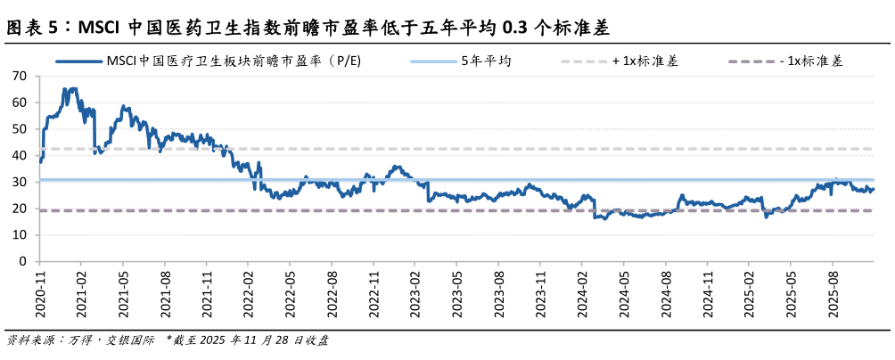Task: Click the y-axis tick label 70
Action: pos(20,76)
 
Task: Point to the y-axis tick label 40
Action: pos(20,155)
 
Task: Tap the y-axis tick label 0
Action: pos(23,262)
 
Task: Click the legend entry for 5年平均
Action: pos(486,61)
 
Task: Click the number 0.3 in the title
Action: pos(514,28)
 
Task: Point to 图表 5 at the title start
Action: pos(34,28)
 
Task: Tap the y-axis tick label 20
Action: pos(20,209)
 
